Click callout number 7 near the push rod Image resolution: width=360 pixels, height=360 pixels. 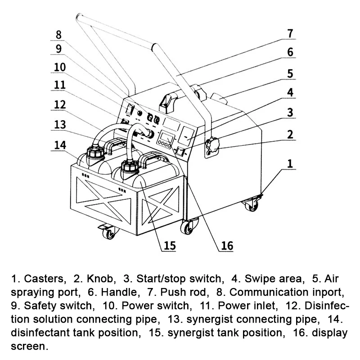click(290, 33)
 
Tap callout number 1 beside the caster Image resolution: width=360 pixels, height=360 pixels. click(290, 163)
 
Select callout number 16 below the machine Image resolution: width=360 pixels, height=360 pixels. click(227, 245)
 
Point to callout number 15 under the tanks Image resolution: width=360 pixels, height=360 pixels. click(169, 245)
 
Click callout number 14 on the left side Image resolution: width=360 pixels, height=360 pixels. click(60, 145)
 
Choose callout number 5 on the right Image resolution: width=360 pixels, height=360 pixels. click(290, 73)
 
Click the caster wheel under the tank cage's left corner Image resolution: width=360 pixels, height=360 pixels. click(109, 234)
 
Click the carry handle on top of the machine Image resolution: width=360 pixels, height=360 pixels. click(168, 100)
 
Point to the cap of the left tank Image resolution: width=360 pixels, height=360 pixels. click(94, 151)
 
